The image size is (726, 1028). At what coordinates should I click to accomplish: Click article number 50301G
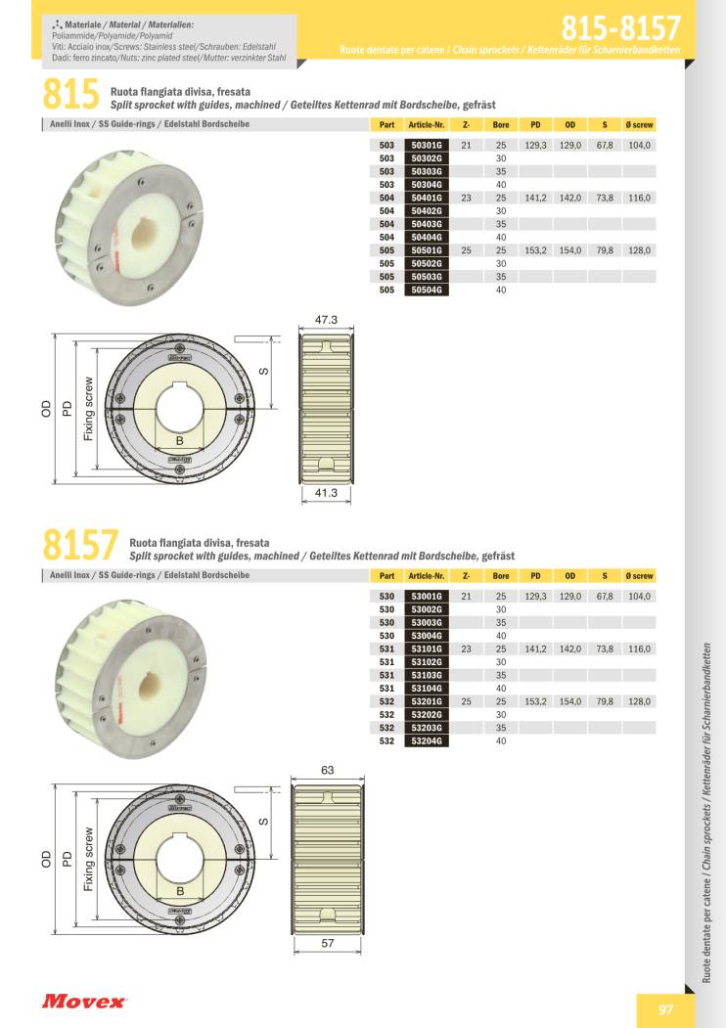pos(427,145)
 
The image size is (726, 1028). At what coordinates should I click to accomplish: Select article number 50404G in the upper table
pos(427,237)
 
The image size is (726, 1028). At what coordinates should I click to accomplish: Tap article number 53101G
pos(427,648)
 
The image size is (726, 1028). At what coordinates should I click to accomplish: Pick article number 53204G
pos(427,740)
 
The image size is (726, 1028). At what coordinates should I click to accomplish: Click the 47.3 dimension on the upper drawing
pos(326,320)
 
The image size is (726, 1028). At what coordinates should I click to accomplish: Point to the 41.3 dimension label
pos(326,492)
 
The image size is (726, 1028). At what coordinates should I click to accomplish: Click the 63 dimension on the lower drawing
pos(327,771)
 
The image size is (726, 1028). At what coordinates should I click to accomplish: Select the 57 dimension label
pos(327,944)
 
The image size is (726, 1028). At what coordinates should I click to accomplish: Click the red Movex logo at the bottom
pos(84,1002)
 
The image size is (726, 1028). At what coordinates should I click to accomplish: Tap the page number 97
pos(665,1010)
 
